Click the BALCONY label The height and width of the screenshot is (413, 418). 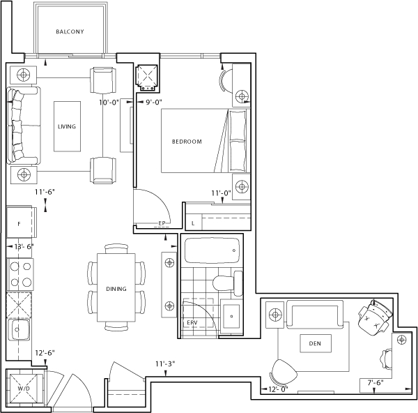70,32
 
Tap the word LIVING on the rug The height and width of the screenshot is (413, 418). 67,126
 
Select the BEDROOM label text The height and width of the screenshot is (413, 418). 187,142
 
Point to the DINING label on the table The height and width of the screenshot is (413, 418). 116,289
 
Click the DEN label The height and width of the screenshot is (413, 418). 315,344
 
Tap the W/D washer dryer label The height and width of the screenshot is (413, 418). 24,389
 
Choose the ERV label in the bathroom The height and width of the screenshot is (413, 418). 192,322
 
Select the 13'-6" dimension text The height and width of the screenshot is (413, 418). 24,247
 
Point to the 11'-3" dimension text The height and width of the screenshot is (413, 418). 165,364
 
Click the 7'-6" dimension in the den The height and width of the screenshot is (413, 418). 376,382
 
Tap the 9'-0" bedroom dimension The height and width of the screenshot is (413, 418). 154,103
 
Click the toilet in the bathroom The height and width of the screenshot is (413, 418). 228,283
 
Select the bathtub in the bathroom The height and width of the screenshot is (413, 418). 212,250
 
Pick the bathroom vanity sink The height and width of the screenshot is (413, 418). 232,316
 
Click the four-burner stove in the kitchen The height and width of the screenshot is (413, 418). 20,274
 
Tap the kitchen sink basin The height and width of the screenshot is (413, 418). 19,330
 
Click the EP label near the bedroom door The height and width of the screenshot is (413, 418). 162,223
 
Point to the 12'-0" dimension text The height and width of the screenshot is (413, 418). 278,389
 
